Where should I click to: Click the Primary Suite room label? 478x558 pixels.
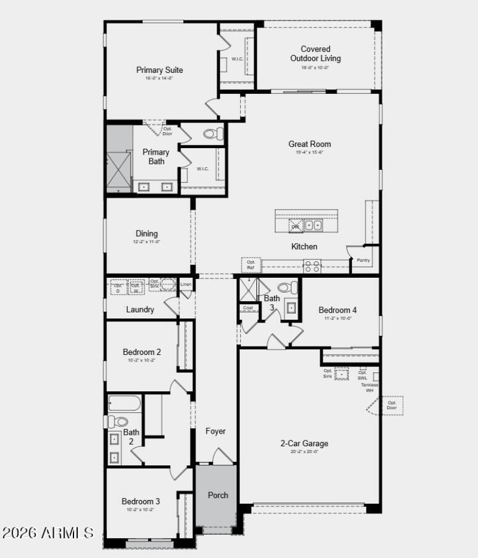click(159, 70)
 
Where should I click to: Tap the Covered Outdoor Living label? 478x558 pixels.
click(315, 54)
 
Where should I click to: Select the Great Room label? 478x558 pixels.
click(310, 144)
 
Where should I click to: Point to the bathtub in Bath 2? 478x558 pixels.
click(124, 403)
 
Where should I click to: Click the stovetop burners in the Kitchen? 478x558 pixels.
click(311, 265)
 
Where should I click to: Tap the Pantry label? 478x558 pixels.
click(363, 260)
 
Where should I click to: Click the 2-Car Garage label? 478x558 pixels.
click(304, 443)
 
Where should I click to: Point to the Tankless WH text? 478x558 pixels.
click(369, 388)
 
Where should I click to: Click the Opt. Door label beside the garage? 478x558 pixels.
click(392, 405)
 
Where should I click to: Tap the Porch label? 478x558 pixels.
click(217, 495)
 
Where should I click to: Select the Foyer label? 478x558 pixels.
click(216, 431)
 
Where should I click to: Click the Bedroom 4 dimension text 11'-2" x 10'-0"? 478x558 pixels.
click(338, 318)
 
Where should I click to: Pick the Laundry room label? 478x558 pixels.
click(140, 309)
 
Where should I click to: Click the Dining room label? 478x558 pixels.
click(146, 234)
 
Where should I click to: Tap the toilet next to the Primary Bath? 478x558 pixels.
click(212, 133)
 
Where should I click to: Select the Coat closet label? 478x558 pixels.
click(247, 308)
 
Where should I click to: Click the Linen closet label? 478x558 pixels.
click(186, 284)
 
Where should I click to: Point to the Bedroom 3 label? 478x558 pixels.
click(141, 501)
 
